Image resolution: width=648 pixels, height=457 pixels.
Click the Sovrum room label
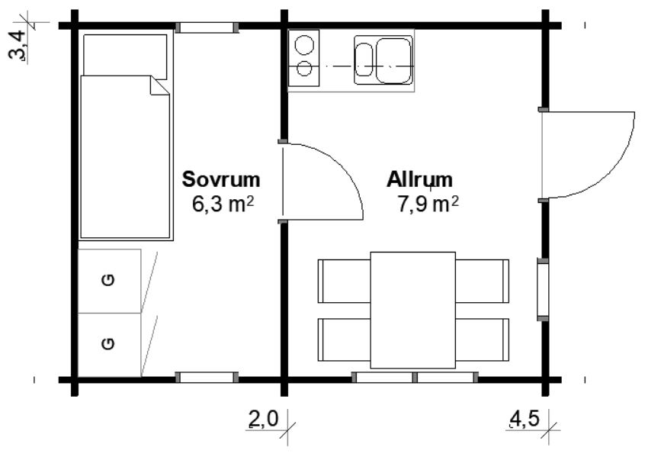coord(221,179)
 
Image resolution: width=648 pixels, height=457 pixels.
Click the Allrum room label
coord(419,179)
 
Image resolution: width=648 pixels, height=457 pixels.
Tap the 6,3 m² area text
coord(223,204)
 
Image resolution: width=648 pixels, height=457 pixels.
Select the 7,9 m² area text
coord(428,204)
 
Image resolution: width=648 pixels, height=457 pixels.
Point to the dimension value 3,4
coord(18,47)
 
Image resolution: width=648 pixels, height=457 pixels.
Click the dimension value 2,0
coord(264,420)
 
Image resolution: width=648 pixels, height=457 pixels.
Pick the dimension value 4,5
coord(524,420)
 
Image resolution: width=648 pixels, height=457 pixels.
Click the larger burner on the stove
coord(304,45)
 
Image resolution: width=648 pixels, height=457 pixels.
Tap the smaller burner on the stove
coord(304,69)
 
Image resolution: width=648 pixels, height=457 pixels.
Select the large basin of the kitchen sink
coord(393,61)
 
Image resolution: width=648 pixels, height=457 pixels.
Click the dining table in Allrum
coord(413,311)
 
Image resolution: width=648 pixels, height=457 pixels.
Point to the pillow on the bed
coord(125,56)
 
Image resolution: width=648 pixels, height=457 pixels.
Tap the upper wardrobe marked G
coord(110,281)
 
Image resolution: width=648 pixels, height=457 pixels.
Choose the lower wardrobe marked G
coord(110,345)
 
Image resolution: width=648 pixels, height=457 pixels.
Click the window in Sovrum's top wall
coord(207,27)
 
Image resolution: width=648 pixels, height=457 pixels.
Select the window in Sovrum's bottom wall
coord(207,377)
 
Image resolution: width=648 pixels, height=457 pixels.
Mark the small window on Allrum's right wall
coord(543,289)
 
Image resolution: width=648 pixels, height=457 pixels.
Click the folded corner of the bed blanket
coord(159,85)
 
